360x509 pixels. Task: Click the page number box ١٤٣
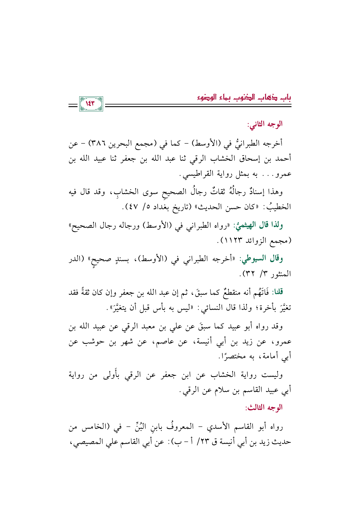click(x=91, y=104)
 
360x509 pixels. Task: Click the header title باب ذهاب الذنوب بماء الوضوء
click(x=244, y=98)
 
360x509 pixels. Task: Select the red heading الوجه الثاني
click(x=264, y=124)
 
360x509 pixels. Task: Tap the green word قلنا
click(x=277, y=292)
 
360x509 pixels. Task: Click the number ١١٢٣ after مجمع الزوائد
click(x=232, y=241)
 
